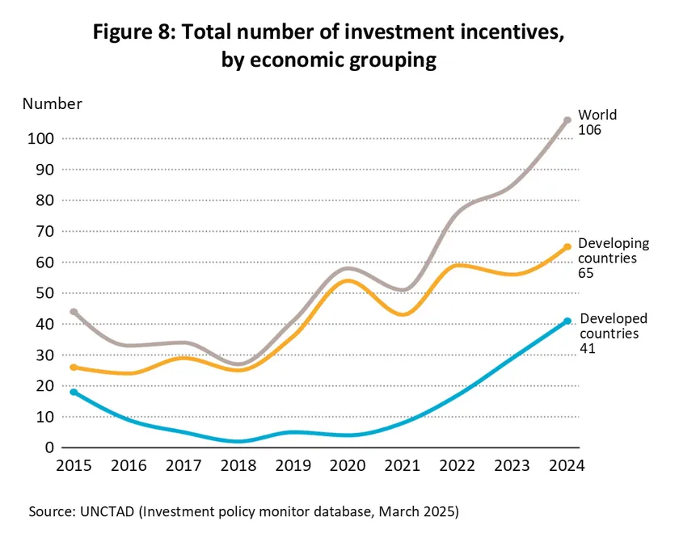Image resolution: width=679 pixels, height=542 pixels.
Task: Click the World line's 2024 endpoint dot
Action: pos(567,120)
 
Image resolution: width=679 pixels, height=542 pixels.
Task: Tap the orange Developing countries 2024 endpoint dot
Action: pos(567,247)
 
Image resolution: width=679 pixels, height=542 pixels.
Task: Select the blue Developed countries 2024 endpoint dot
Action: pos(567,321)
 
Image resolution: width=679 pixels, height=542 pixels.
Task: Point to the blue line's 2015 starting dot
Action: pos(74,392)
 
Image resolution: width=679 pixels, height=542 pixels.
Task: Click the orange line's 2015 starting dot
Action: pos(74,368)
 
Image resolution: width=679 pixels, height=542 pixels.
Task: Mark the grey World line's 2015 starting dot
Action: pos(74,312)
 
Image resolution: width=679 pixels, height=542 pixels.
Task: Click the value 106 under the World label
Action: pos(589,131)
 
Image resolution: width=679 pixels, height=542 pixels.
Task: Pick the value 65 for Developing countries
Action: pos(587,274)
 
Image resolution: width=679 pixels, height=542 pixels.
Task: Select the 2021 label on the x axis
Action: pos(402,466)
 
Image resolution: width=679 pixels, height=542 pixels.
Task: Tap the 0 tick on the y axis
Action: pos(49,447)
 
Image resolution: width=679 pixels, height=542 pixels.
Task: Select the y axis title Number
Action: pos(52,103)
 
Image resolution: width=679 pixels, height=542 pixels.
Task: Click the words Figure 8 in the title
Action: pos(134,34)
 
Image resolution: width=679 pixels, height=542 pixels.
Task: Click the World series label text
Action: pos(597,116)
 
